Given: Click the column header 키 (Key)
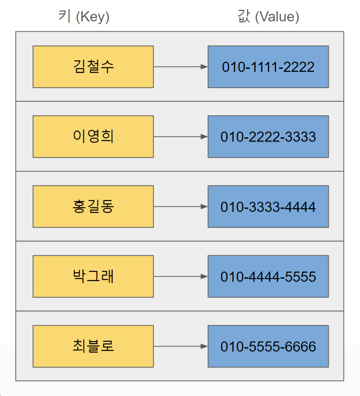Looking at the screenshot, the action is click(x=84, y=17).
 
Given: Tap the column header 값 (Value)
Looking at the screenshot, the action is click(x=268, y=17).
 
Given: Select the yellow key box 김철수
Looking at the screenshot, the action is click(x=93, y=67).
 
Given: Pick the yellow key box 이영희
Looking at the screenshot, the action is click(x=93, y=137).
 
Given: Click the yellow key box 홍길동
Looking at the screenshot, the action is click(x=93, y=207).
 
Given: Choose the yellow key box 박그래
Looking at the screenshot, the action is click(x=93, y=277).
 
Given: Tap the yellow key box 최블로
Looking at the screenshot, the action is click(x=93, y=346).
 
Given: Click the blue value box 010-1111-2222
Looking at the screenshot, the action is click(x=268, y=67).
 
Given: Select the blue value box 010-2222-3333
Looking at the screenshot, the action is click(x=268, y=137).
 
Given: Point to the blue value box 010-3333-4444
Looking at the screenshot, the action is click(x=268, y=207).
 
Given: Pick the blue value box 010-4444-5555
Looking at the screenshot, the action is click(x=268, y=277).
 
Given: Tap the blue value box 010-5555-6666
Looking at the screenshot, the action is click(x=268, y=346).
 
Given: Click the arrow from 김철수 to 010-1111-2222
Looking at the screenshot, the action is click(x=180, y=67).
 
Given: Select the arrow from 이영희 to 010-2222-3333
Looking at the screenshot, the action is click(x=180, y=137).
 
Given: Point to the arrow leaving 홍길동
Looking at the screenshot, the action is click(x=180, y=207).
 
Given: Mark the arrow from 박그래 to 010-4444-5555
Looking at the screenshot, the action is click(x=180, y=277).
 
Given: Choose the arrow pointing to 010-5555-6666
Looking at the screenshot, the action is click(x=180, y=346).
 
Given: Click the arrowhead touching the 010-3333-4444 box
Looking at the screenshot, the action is click(x=204, y=207).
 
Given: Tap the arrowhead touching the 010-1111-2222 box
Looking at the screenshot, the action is click(x=204, y=67).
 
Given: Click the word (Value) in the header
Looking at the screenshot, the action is click(x=277, y=17).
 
